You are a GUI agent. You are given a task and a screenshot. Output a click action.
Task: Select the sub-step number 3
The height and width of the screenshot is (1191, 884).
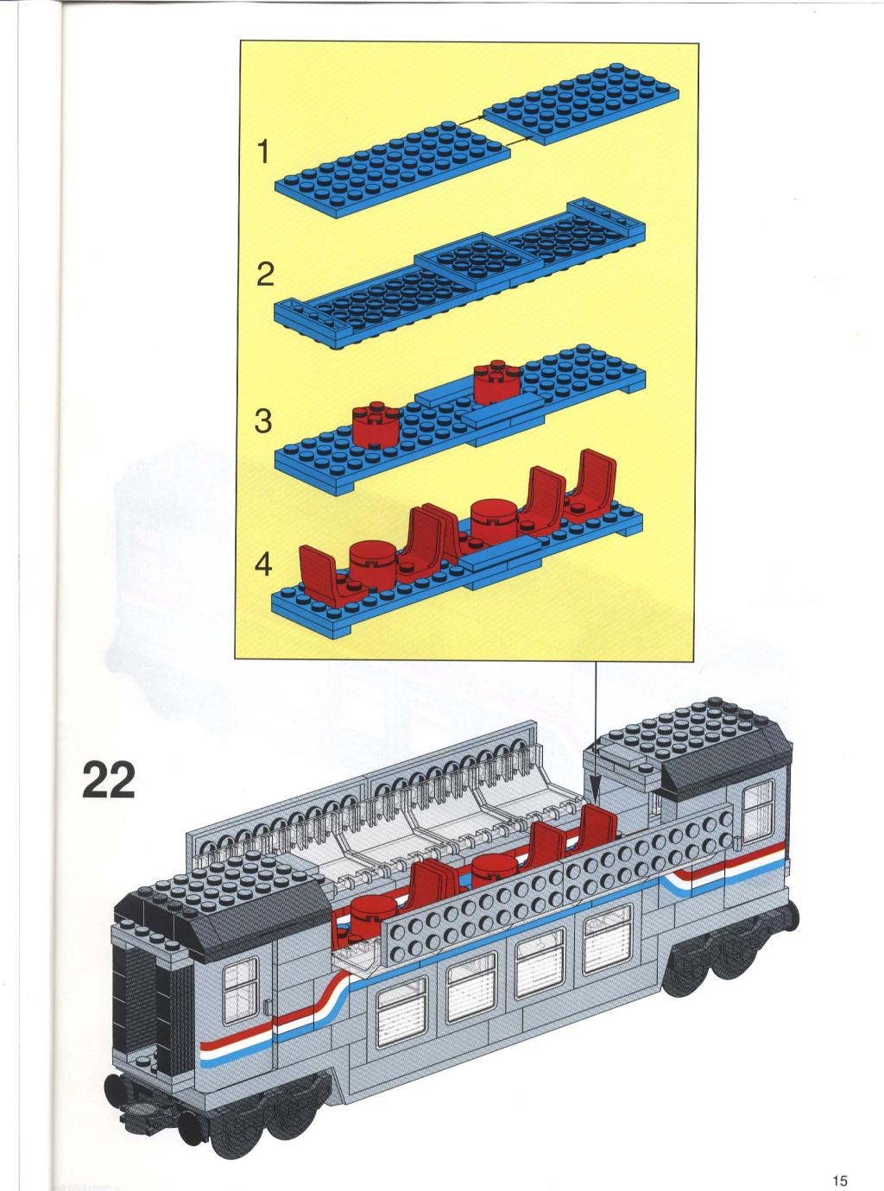point(263,421)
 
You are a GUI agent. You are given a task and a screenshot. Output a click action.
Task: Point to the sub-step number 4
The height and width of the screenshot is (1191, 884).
point(263,564)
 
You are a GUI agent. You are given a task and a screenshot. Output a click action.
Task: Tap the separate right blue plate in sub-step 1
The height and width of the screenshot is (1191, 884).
point(580,103)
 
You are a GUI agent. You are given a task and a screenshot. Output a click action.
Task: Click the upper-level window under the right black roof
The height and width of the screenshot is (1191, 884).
point(757,813)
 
